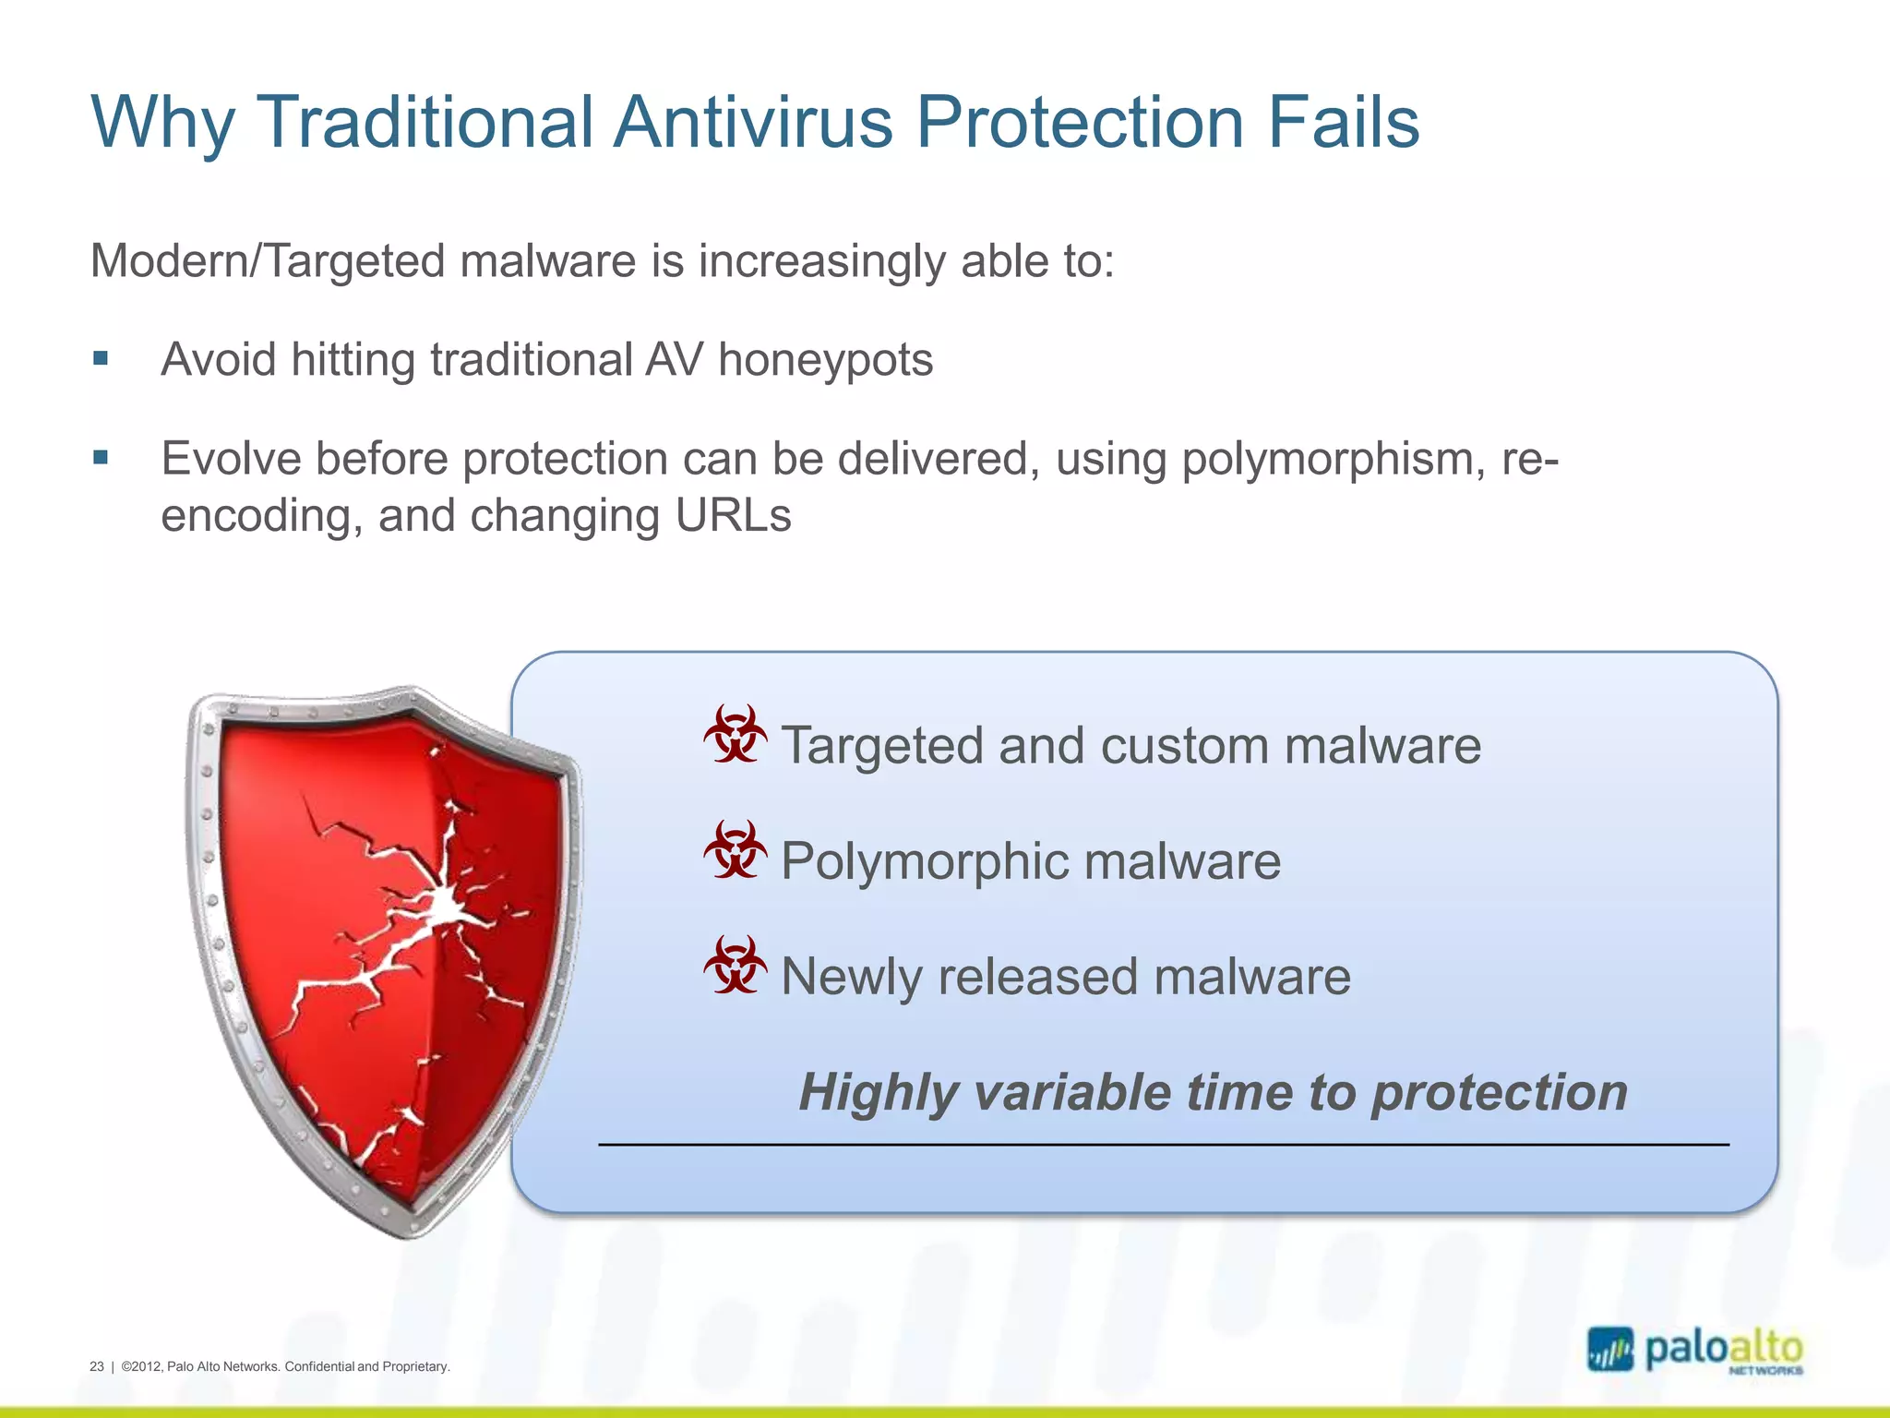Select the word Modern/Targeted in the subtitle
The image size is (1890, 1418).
click(268, 261)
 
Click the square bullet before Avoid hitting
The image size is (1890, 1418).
click(101, 358)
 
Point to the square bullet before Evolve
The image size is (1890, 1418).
click(101, 457)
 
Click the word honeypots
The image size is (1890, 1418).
click(825, 360)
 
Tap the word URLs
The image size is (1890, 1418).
click(733, 515)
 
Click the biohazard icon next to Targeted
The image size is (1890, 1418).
click(735, 735)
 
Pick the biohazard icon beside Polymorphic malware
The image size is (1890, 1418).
click(735, 850)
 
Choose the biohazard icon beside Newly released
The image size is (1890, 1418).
click(735, 966)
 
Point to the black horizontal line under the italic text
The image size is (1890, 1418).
click(1163, 1145)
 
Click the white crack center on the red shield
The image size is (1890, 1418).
click(447, 908)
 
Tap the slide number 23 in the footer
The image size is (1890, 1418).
click(97, 1366)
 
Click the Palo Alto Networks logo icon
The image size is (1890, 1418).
click(1609, 1350)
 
